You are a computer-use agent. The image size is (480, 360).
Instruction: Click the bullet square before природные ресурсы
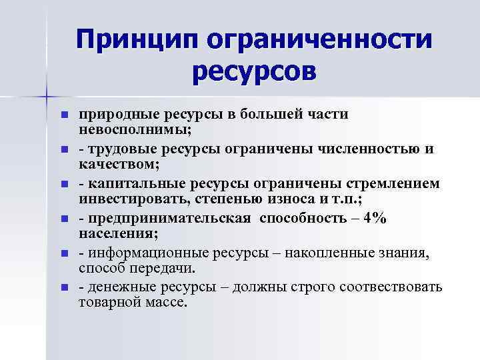click(64, 115)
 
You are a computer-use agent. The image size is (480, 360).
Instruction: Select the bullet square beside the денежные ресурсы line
click(64, 288)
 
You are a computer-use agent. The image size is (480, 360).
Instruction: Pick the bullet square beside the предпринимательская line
click(64, 219)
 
